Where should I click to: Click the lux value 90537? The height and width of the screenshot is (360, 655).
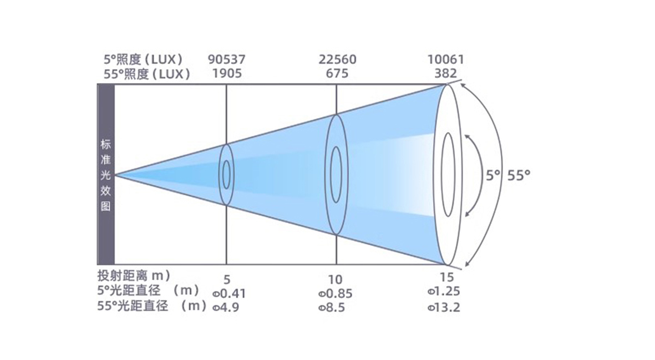(x=227, y=59)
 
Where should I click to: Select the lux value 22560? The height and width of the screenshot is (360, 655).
(x=338, y=59)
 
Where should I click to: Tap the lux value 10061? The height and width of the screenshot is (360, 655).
(x=446, y=59)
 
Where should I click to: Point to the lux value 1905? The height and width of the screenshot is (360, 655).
(x=227, y=74)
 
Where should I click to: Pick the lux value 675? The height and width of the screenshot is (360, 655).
(x=337, y=74)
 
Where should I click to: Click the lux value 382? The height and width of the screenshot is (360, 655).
(x=446, y=74)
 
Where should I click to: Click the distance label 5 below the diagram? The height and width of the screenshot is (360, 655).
(x=227, y=280)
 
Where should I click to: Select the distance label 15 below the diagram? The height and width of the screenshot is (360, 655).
(x=446, y=277)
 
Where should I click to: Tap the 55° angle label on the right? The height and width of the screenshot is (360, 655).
(x=519, y=175)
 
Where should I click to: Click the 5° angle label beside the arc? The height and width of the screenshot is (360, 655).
(x=493, y=175)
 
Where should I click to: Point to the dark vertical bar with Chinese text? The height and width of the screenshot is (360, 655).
(x=106, y=175)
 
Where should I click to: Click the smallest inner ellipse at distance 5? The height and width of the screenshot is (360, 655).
(x=226, y=175)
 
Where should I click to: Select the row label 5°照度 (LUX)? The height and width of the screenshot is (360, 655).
(x=143, y=60)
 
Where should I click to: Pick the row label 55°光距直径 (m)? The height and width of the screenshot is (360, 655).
(x=152, y=306)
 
